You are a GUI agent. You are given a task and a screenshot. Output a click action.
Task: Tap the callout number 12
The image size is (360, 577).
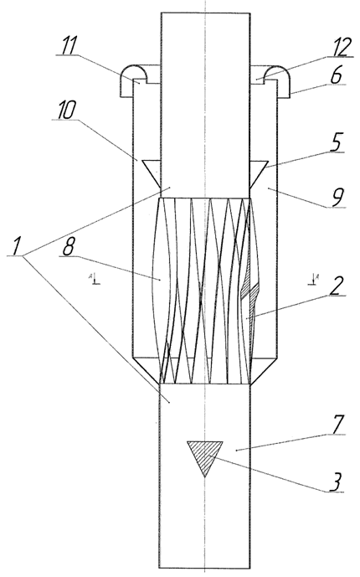(x=339, y=47)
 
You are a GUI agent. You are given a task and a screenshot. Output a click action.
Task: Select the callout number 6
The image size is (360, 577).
(x=337, y=75)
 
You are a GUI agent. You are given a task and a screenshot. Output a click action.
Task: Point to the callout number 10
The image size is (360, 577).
(x=67, y=110)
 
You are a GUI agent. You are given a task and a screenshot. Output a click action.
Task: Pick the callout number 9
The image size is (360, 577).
(x=337, y=198)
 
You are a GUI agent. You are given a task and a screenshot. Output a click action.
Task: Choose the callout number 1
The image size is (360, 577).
(x=15, y=246)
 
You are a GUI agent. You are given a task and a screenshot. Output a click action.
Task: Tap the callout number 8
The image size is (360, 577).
(x=68, y=249)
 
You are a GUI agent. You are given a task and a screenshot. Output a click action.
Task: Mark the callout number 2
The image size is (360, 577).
(x=336, y=286)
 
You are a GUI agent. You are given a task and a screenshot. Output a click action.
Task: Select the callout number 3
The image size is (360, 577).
(x=336, y=482)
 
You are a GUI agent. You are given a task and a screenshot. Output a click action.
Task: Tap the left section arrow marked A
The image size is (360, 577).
(x=94, y=278)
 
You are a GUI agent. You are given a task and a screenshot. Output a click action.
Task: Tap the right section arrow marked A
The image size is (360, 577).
(x=313, y=278)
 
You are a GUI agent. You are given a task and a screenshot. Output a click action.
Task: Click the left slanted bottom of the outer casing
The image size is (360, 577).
(x=146, y=371)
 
